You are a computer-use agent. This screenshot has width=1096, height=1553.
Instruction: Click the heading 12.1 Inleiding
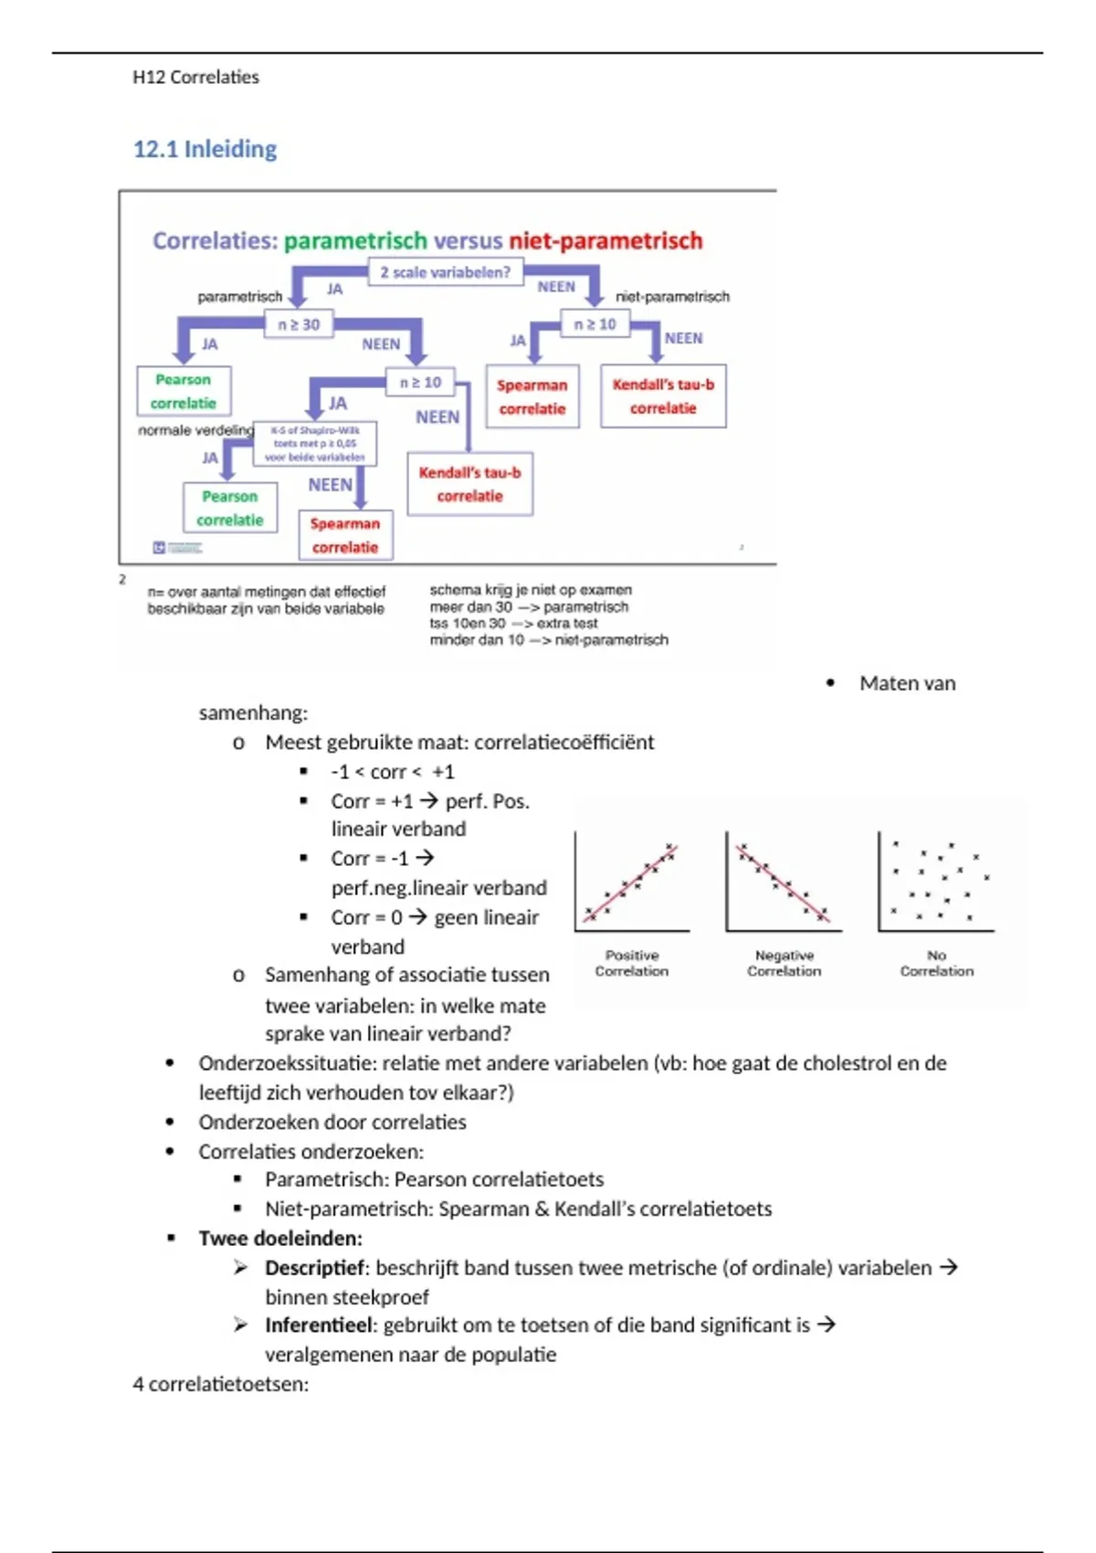pyautogui.click(x=205, y=149)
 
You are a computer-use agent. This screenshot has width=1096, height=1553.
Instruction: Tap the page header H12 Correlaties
pyautogui.click(x=195, y=77)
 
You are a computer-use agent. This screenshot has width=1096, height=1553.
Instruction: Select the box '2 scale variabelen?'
pyautogui.click(x=445, y=272)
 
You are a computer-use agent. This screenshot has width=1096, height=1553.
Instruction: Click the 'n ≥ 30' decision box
pyautogui.click(x=299, y=324)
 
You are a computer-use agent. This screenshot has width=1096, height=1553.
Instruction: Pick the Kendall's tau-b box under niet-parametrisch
pyautogui.click(x=663, y=396)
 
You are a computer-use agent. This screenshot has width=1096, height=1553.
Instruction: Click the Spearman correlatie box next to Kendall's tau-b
pyautogui.click(x=532, y=397)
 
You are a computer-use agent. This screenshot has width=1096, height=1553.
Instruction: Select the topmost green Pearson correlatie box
pyautogui.click(x=184, y=391)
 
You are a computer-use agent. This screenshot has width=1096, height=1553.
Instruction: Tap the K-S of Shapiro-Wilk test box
pyautogui.click(x=315, y=443)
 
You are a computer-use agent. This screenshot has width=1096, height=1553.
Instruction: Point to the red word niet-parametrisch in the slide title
pyautogui.click(x=606, y=240)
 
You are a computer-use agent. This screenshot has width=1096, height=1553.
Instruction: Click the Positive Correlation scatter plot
pyautogui.click(x=632, y=882)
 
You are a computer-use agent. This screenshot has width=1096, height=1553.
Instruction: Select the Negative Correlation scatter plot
pyautogui.click(x=784, y=882)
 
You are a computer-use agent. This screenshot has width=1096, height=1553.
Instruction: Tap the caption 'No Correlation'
pyautogui.click(x=936, y=963)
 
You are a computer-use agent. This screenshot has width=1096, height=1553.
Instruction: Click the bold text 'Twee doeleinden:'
pyautogui.click(x=280, y=1238)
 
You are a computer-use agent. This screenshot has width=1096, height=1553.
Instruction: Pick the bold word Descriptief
pyautogui.click(x=315, y=1267)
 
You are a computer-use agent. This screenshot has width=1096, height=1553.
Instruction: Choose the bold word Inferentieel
pyautogui.click(x=321, y=1325)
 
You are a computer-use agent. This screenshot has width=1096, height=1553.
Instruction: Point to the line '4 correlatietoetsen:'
pyautogui.click(x=220, y=1384)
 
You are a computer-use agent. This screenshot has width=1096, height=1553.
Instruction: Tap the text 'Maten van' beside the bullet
pyautogui.click(x=907, y=683)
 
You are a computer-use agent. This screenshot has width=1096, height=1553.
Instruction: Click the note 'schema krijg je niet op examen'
pyautogui.click(x=531, y=590)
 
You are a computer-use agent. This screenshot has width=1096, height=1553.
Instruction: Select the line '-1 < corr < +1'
pyautogui.click(x=392, y=772)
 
